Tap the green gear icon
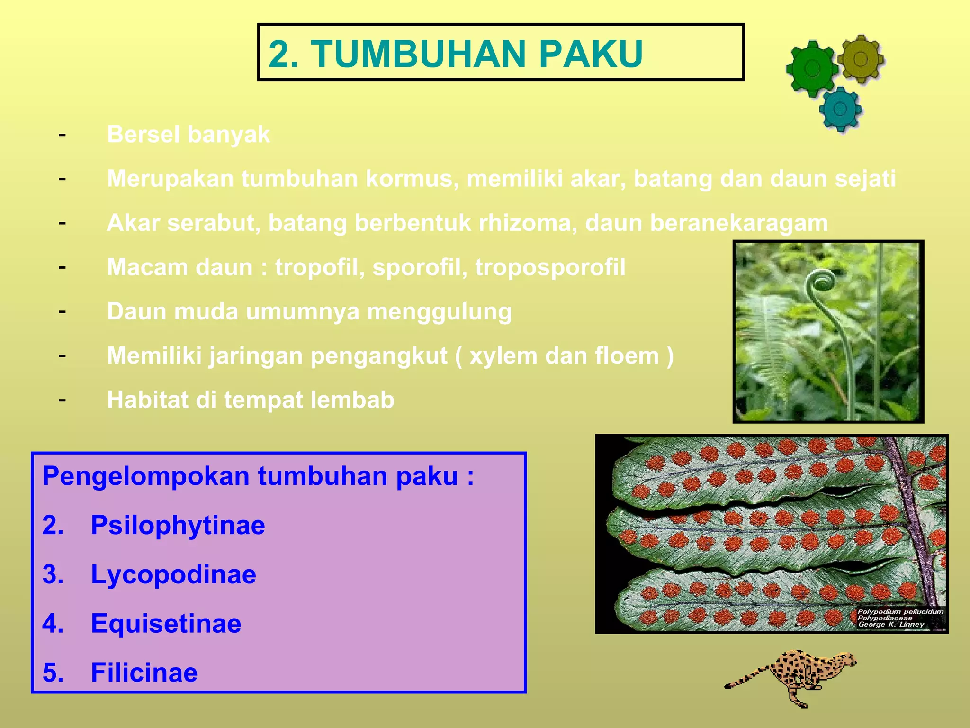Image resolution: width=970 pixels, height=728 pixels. click(812, 69)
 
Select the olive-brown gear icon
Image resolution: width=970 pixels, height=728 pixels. click(860, 59)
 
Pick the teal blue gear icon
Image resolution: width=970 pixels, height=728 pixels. click(840, 109)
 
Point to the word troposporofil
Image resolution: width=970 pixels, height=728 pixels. click(550, 267)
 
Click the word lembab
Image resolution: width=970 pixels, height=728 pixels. click(352, 400)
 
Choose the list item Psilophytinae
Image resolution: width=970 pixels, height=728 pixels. click(178, 526)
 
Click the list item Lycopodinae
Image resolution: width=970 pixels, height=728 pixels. click(173, 575)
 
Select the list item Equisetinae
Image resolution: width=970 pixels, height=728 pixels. click(166, 624)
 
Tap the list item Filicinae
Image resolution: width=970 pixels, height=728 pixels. click(144, 673)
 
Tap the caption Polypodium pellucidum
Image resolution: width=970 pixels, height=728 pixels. click(900, 612)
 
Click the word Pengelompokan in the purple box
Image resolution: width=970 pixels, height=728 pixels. click(145, 476)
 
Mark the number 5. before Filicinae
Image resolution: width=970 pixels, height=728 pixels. click(53, 673)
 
